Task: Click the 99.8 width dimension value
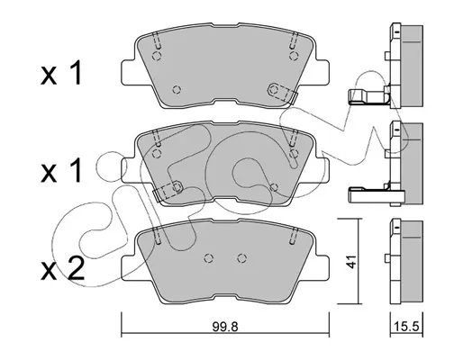click(x=225, y=327)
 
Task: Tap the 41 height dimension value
click(x=350, y=262)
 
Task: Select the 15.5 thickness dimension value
click(x=406, y=327)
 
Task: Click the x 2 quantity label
click(x=62, y=269)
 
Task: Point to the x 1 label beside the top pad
click(x=61, y=73)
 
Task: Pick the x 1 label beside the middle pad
click(x=61, y=171)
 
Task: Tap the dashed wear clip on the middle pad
click(x=168, y=190)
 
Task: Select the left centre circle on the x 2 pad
click(x=209, y=258)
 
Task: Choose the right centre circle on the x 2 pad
click(x=241, y=258)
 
